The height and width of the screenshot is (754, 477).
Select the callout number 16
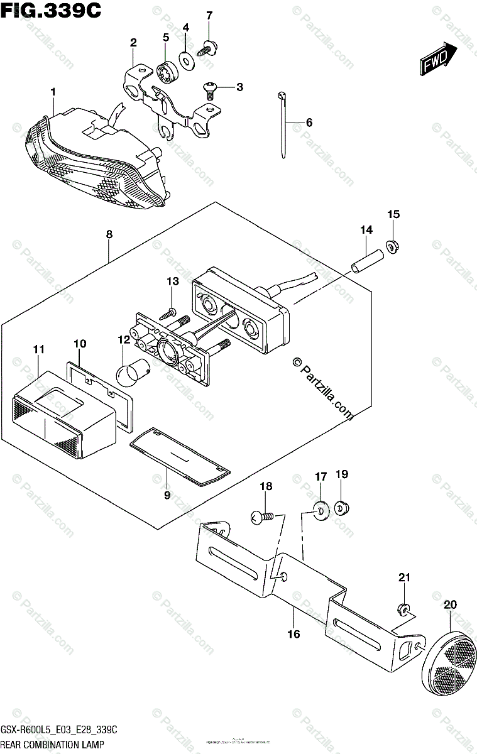293,634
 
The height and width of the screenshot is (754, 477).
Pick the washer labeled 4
186,59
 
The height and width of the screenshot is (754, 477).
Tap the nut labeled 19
343,506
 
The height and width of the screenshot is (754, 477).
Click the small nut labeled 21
405,608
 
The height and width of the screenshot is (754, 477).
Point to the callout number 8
109,234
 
